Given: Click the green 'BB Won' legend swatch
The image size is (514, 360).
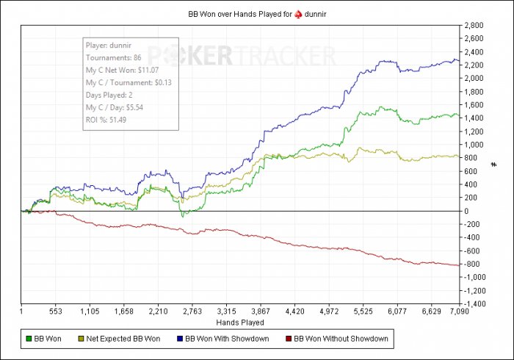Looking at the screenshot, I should [29, 339].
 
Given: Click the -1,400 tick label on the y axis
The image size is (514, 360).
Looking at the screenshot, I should [476, 303].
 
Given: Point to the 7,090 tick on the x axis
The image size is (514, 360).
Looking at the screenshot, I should [458, 312].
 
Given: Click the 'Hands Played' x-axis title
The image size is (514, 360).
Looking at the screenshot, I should [240, 322].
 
